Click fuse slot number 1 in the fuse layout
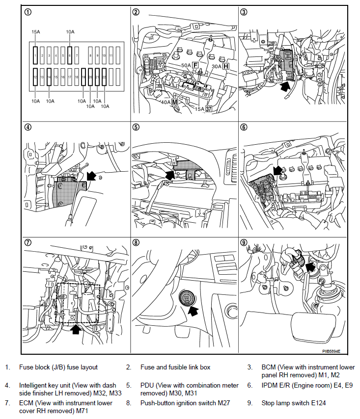[35, 56]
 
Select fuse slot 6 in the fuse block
[70, 56]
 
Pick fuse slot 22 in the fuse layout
[104, 78]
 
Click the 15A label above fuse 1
[35, 32]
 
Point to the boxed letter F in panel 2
[195, 65]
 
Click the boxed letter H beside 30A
[226, 66]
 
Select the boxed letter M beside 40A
[174, 102]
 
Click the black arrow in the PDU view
[170, 174]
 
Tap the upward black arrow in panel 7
[75, 329]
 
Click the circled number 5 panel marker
[136, 127]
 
